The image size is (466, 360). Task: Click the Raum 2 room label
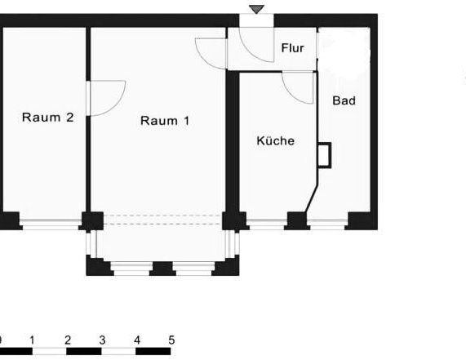tap(47, 118)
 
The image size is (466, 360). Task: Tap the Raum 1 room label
tap(165, 121)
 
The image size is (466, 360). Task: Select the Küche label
tap(275, 141)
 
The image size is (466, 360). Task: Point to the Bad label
tap(344, 101)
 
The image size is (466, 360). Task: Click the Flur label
tap(292, 48)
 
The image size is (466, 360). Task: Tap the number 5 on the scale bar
tap(171, 340)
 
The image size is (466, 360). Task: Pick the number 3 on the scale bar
tap(102, 340)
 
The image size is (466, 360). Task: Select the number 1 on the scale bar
tap(31, 340)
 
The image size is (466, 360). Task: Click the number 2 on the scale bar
tap(67, 340)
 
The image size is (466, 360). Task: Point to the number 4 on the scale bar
tap(137, 340)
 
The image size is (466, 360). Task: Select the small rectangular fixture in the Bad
tap(325, 154)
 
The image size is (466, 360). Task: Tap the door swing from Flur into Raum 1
tap(211, 52)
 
